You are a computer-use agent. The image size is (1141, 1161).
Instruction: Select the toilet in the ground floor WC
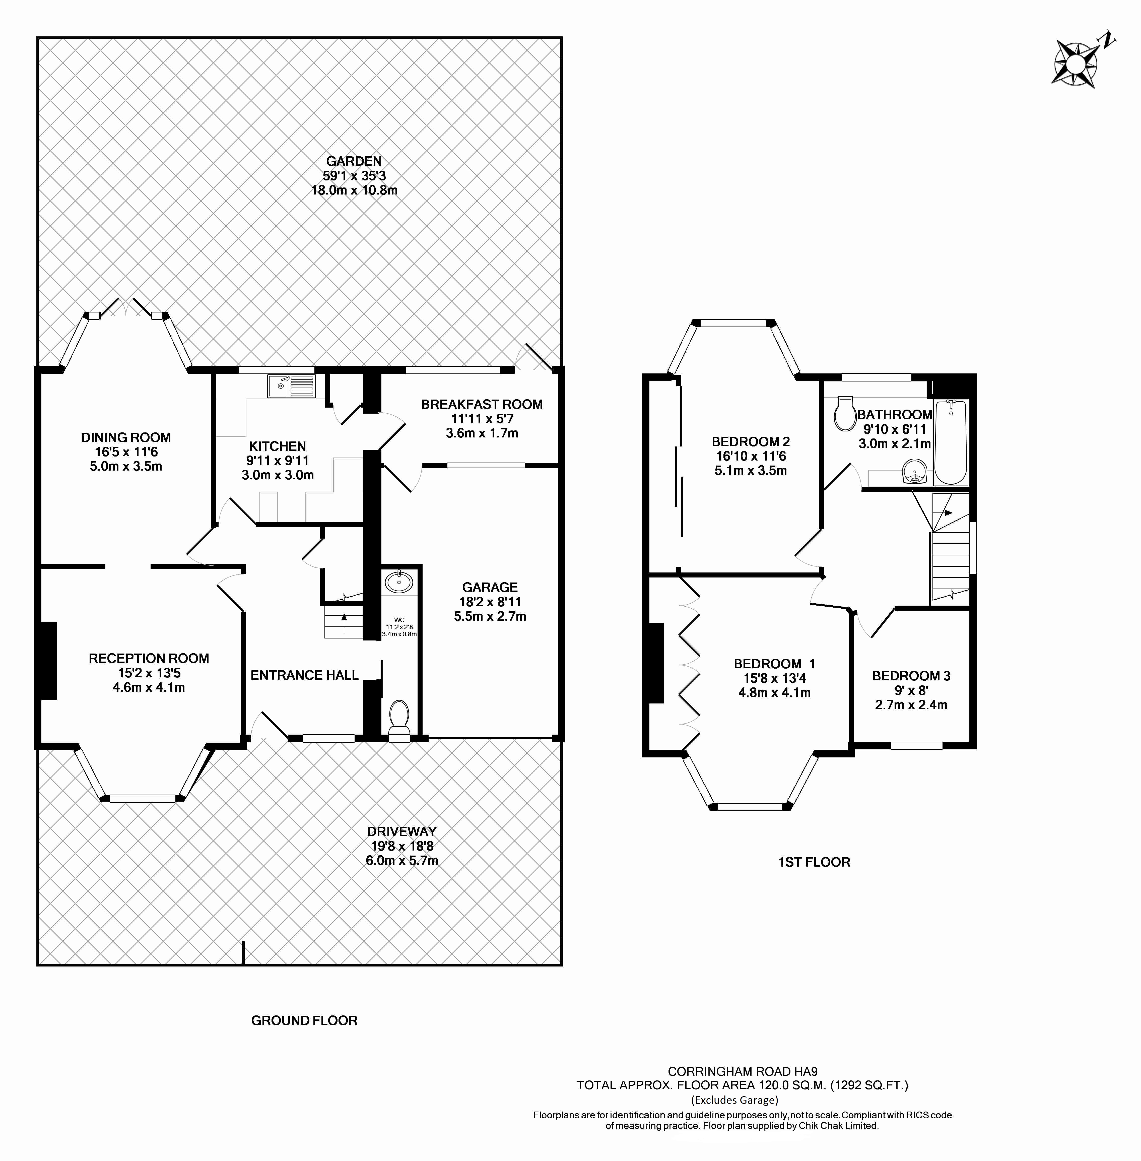coord(398,716)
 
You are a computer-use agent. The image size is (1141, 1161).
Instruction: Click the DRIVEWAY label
coord(401,831)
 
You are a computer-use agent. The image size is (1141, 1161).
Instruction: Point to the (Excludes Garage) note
coord(735,1100)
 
